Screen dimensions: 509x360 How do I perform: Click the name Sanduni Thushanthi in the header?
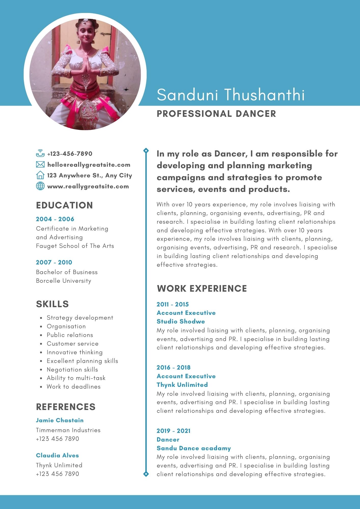coord(231,95)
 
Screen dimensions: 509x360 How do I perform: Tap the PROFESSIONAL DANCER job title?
coord(216,114)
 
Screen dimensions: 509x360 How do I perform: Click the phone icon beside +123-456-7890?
coord(40,153)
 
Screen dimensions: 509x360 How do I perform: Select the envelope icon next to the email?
coord(40,165)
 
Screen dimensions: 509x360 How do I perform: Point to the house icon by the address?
coord(40,175)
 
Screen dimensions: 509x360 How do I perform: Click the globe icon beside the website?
coord(40,186)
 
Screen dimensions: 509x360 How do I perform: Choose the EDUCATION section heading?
coord(64,205)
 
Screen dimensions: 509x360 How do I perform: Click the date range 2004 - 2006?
coord(55,219)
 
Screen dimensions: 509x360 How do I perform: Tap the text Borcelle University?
coord(63,281)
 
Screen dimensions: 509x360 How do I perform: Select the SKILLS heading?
coord(52,304)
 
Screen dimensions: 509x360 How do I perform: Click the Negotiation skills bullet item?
coord(72,370)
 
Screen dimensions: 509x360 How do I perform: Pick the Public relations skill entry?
coord(70,335)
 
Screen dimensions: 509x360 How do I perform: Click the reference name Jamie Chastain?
coord(60,420)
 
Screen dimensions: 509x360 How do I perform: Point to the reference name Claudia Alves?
coord(57,455)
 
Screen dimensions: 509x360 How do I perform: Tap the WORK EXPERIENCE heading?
coord(202,288)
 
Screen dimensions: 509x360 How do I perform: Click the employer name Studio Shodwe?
coord(181,321)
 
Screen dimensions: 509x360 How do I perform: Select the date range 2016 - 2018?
coord(174,367)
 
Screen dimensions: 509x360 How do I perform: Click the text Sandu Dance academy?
coord(194,448)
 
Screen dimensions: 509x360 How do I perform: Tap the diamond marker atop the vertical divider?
coord(146,151)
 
